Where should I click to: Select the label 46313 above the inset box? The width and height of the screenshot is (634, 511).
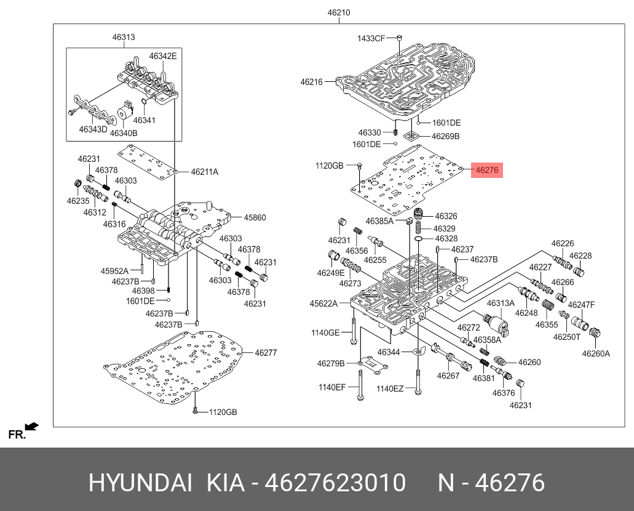[x=123, y=38]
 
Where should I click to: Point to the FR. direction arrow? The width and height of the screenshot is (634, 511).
[x=31, y=426]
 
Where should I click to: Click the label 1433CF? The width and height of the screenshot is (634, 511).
[x=371, y=39]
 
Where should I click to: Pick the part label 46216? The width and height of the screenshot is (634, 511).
[x=311, y=81]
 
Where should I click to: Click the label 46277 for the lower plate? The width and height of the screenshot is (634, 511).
[x=266, y=353]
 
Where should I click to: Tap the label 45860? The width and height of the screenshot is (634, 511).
[x=254, y=217]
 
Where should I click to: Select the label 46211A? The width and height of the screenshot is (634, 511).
[x=204, y=172]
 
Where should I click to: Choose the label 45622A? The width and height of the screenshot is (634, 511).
[x=323, y=303]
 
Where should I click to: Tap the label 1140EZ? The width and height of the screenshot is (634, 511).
[x=390, y=388]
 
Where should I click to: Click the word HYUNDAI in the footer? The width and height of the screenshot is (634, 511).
[x=141, y=483]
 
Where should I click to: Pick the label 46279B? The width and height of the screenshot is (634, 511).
[x=331, y=363]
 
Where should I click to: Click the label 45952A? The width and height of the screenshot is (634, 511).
[x=114, y=271]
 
